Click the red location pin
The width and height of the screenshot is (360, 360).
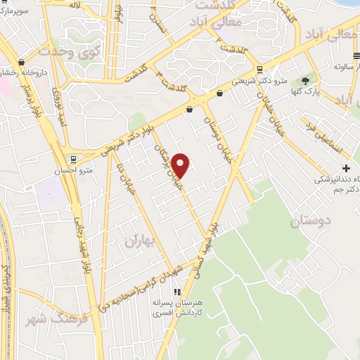[181, 165]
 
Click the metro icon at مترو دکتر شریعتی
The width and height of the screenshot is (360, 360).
[261, 70]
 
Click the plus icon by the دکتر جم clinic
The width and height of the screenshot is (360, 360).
[345, 168]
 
